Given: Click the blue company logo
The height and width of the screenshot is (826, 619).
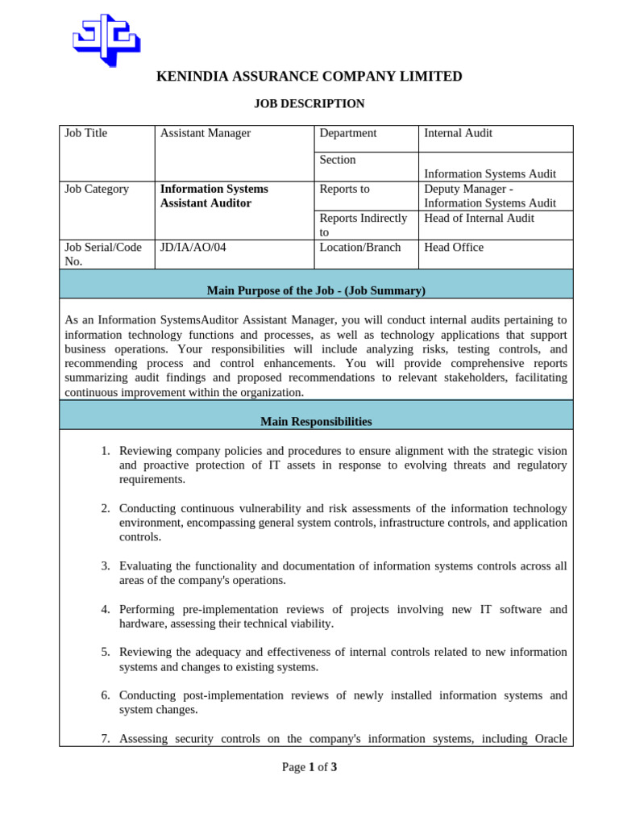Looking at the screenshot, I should click(106, 40).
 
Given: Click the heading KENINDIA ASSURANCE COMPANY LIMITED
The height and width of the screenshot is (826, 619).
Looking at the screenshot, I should click(309, 77).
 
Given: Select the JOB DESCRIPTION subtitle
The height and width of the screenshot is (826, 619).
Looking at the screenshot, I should click(309, 103).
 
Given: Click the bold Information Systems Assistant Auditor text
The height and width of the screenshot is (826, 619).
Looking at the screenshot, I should click(214, 196).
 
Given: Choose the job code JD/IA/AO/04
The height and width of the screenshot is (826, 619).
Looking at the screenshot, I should click(193, 247).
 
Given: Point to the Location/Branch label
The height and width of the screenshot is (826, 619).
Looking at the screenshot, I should click(359, 247).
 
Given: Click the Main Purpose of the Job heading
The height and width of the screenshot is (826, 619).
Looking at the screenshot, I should click(316, 290).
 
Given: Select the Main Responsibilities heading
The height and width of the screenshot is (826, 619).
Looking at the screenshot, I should click(316, 421).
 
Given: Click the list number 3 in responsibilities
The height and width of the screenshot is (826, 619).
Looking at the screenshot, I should click(106, 565).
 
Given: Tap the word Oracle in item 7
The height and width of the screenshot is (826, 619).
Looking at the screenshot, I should click(548, 738).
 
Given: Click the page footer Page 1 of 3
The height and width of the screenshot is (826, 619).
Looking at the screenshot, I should click(309, 767).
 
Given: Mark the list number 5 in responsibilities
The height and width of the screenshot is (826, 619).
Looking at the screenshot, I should click(106, 652).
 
